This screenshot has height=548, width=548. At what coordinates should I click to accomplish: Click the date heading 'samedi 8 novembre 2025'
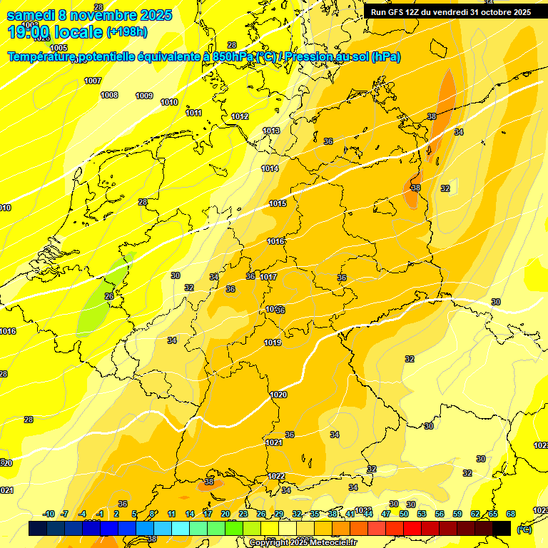(x=89, y=15)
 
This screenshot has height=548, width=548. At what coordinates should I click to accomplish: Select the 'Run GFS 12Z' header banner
(x=450, y=12)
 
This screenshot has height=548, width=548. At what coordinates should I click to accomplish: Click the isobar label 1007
(x=93, y=81)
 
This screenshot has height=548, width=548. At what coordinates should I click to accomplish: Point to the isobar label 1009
(x=144, y=96)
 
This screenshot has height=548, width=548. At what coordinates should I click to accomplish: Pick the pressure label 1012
(x=240, y=116)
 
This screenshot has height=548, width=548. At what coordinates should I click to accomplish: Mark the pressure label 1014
(x=270, y=168)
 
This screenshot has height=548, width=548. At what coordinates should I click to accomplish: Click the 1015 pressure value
(x=278, y=204)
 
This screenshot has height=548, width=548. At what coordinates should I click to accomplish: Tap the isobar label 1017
(x=268, y=277)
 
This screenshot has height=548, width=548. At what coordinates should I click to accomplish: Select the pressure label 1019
(x=273, y=342)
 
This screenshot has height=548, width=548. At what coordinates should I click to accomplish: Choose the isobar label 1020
(x=278, y=395)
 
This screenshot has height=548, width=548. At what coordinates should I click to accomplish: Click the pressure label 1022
(x=277, y=476)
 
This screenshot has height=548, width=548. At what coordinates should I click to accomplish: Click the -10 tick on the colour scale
(x=49, y=514)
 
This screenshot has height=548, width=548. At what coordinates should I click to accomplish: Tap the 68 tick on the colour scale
(x=511, y=514)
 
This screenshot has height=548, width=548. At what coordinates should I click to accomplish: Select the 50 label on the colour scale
(x=404, y=514)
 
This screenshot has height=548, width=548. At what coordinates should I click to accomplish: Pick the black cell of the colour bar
(x=502, y=528)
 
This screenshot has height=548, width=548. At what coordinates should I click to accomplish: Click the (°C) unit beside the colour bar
(x=524, y=529)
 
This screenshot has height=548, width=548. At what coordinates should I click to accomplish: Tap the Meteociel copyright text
(x=303, y=542)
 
